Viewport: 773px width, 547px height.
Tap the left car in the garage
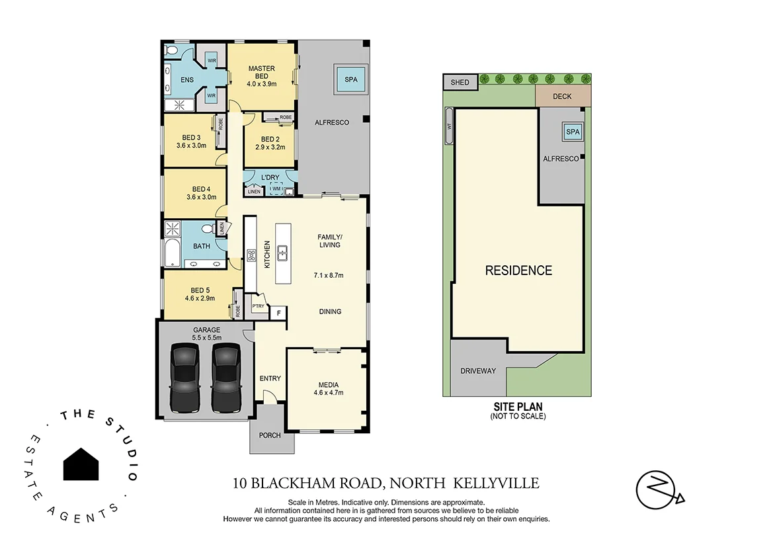(184, 377)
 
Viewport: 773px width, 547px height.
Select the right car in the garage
(225, 377)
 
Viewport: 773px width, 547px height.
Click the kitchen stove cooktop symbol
(251, 255)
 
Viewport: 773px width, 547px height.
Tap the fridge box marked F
(279, 313)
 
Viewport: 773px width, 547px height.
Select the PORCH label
(270, 435)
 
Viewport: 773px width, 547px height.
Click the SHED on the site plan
(460, 83)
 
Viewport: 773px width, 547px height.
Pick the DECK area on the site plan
(562, 97)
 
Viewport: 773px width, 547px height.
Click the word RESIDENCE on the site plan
(518, 271)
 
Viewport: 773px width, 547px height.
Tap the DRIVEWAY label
(478, 371)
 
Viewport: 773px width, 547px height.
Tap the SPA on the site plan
(573, 132)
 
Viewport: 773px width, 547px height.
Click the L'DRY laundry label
(270, 178)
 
